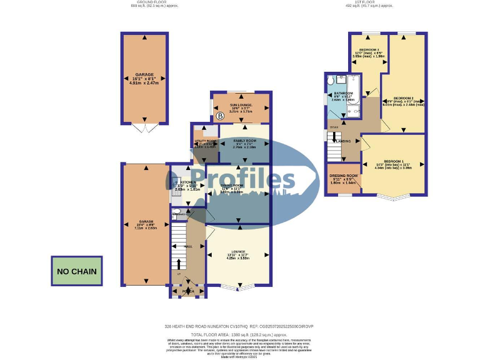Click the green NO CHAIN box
point(77,271)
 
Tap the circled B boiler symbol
point(220,116)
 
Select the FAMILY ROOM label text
point(244,141)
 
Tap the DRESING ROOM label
point(343,176)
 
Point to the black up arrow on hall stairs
point(179,264)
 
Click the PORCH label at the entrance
point(187,291)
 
